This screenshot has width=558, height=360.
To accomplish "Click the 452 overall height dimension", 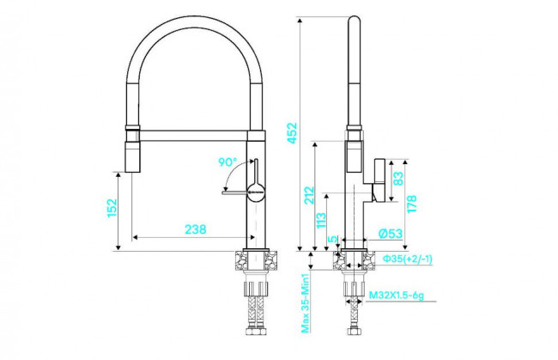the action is (x=292, y=133).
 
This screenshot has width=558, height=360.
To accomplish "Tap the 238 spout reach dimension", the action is (x=196, y=229).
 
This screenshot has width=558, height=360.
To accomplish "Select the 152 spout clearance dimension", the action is (x=112, y=208).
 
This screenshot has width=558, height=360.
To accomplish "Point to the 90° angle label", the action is (x=227, y=162).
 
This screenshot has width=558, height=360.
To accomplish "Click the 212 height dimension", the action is (x=309, y=195).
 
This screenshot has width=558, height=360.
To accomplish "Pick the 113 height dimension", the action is (x=321, y=221).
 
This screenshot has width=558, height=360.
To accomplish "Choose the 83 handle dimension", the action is (x=398, y=179).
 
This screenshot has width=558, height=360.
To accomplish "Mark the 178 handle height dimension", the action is (x=412, y=204).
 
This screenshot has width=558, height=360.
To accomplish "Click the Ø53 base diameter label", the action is (x=391, y=234).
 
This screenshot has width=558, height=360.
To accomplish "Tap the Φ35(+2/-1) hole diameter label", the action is (x=408, y=259).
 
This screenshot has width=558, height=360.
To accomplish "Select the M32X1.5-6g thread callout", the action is (x=397, y=296).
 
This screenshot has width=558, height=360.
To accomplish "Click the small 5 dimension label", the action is (x=332, y=239).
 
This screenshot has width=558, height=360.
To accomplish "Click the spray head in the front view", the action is (x=132, y=156).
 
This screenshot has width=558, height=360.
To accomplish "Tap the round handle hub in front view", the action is (x=256, y=192).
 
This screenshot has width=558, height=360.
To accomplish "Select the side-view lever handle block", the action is (x=379, y=180).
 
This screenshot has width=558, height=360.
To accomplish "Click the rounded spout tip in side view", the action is (x=354, y=21).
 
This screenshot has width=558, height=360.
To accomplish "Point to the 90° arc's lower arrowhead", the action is (x=226, y=188).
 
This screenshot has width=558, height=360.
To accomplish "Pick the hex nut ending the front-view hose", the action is (x=256, y=331).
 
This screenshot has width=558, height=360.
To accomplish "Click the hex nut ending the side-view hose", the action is (x=354, y=331).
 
